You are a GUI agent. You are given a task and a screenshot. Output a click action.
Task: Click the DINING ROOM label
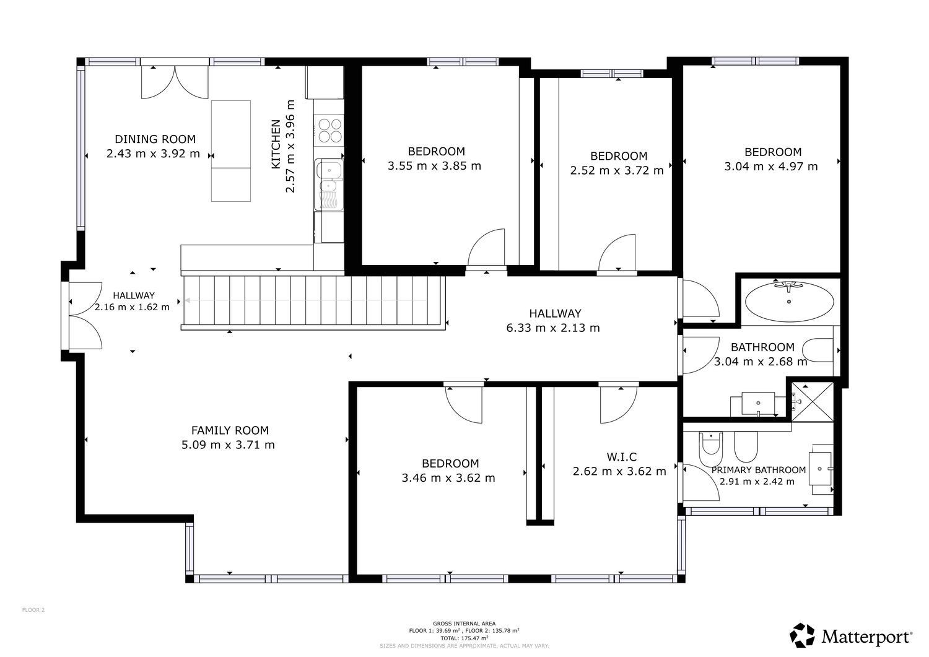pos(155,139)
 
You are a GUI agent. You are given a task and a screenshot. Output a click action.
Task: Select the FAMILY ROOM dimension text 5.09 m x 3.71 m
pos(228,445)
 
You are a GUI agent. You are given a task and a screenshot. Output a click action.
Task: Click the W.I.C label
pos(621,457)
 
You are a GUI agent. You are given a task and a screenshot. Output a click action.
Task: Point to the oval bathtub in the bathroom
pos(788,302)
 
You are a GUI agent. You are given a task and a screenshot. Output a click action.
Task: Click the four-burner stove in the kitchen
pos(329,131)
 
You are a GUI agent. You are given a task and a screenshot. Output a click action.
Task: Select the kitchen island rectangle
pos(231,150)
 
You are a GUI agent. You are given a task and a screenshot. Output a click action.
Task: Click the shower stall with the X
pos(812,402)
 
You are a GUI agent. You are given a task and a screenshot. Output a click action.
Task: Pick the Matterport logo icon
pos(802,635)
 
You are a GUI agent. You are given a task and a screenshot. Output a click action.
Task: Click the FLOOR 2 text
pos(33,610)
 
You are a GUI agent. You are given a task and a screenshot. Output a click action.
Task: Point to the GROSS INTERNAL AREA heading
pos(464,624)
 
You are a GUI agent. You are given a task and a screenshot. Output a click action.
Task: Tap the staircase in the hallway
pos(313,302)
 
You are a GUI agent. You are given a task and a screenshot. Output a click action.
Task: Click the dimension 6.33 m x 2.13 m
pos(553,328)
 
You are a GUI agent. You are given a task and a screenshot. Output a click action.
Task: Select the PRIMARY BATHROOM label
pos(758,470)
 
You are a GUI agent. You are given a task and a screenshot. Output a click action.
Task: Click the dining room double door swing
pos(174,82)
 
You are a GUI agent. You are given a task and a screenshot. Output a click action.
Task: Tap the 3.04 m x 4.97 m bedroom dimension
pos(770,167)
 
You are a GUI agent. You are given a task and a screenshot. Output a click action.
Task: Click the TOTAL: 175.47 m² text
pos(464,637)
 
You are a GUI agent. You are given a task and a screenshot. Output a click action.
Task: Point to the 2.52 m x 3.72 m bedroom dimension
pos(617,170)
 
